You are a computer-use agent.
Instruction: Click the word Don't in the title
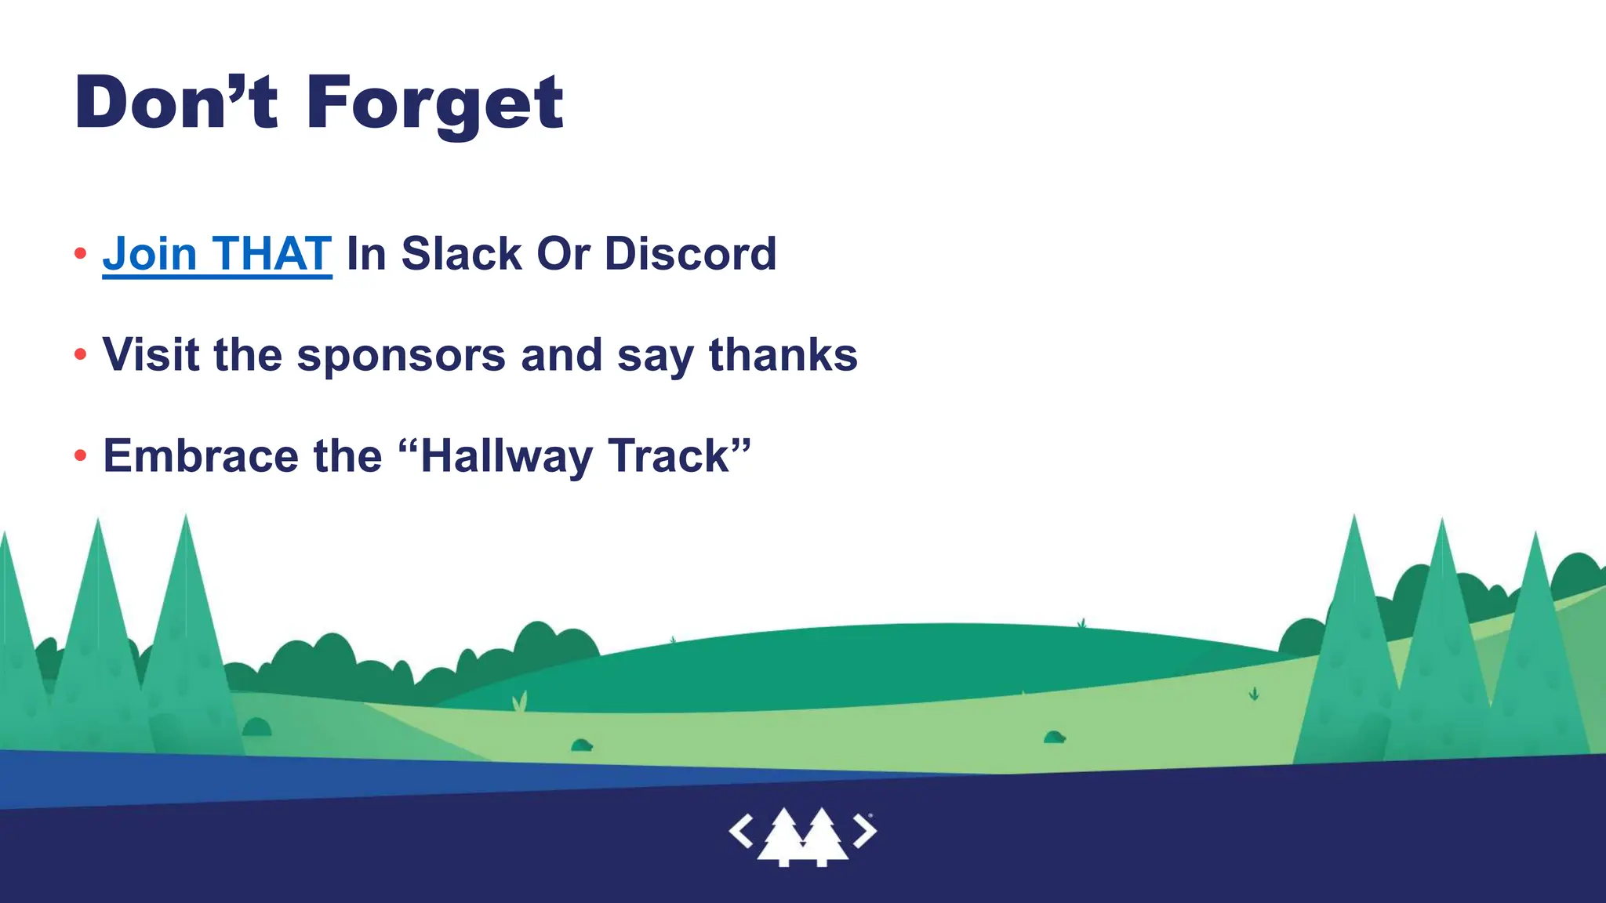click(x=176, y=103)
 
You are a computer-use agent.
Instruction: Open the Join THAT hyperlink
click(x=217, y=254)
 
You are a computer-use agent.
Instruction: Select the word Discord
click(x=690, y=254)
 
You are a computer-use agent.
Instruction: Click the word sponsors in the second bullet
click(x=401, y=356)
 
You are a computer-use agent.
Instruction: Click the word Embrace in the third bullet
click(x=201, y=456)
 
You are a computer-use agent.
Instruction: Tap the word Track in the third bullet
click(x=668, y=456)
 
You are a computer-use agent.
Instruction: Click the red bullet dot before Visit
click(x=80, y=355)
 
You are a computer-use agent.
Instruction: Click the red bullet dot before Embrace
click(x=80, y=455)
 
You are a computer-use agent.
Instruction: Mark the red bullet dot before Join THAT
click(x=80, y=253)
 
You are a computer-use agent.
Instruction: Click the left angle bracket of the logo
click(x=741, y=831)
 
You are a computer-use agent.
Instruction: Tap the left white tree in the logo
click(x=783, y=837)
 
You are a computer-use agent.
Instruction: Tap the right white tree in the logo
click(x=821, y=837)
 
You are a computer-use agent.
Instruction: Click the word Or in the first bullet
click(x=563, y=254)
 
